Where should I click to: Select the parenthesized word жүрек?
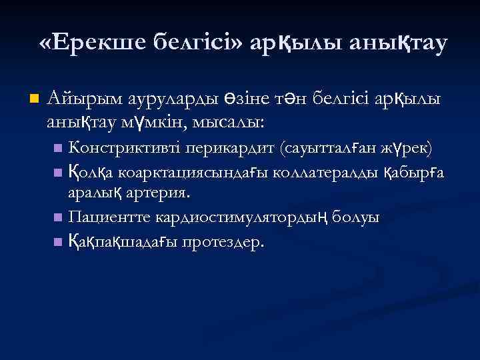(x=406, y=147)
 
